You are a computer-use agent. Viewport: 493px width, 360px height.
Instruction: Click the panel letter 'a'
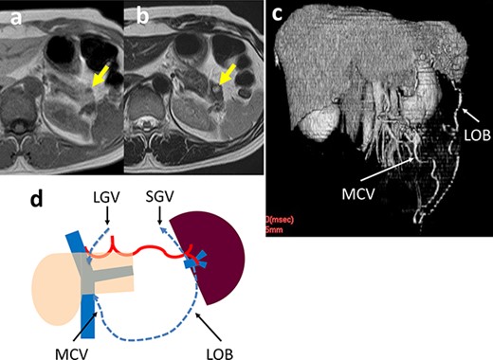pyautogui.click(x=12, y=14)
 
